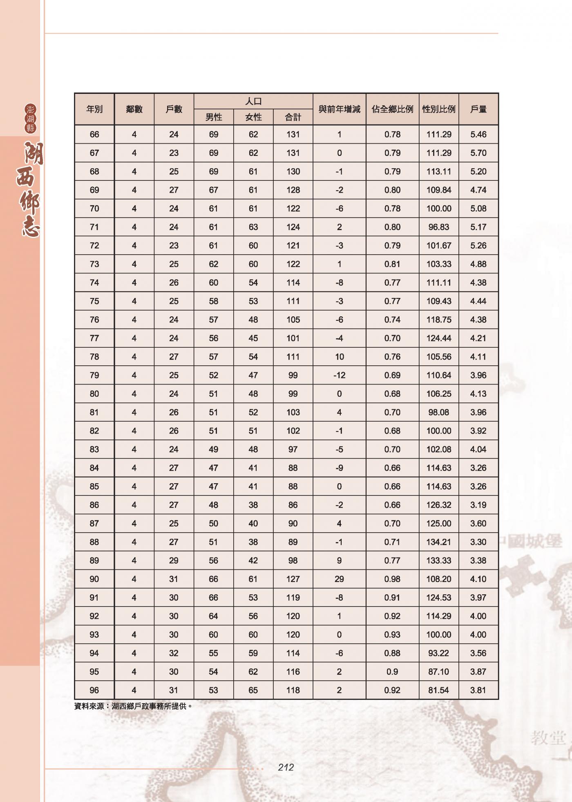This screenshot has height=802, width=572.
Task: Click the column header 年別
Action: pos(94,109)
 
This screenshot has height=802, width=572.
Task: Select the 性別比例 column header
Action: pos(439,109)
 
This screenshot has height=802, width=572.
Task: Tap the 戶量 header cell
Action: pos(478,109)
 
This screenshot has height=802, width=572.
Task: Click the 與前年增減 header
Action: pos(339,109)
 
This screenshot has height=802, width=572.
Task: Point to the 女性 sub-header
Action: pos(253,117)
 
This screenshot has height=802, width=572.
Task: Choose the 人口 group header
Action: pos(253,101)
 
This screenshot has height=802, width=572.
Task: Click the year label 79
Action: pos(94,375)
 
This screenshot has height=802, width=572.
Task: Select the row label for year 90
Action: pos(94,579)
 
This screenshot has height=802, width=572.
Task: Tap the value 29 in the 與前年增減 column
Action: pos(339,579)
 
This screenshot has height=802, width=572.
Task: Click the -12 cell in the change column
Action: pos(339,375)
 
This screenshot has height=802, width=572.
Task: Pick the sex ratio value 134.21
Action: pos(439,542)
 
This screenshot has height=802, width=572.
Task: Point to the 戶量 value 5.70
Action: pos(478,153)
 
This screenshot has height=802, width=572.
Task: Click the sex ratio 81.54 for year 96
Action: pos(439,690)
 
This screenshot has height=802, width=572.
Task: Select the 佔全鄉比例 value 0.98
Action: pos(392,579)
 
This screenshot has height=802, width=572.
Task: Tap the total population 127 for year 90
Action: pos(293,579)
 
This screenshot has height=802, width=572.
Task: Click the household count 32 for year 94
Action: pos(174,653)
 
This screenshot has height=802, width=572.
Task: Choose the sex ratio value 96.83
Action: pos(439,227)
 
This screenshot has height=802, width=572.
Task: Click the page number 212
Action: pos(286,767)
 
